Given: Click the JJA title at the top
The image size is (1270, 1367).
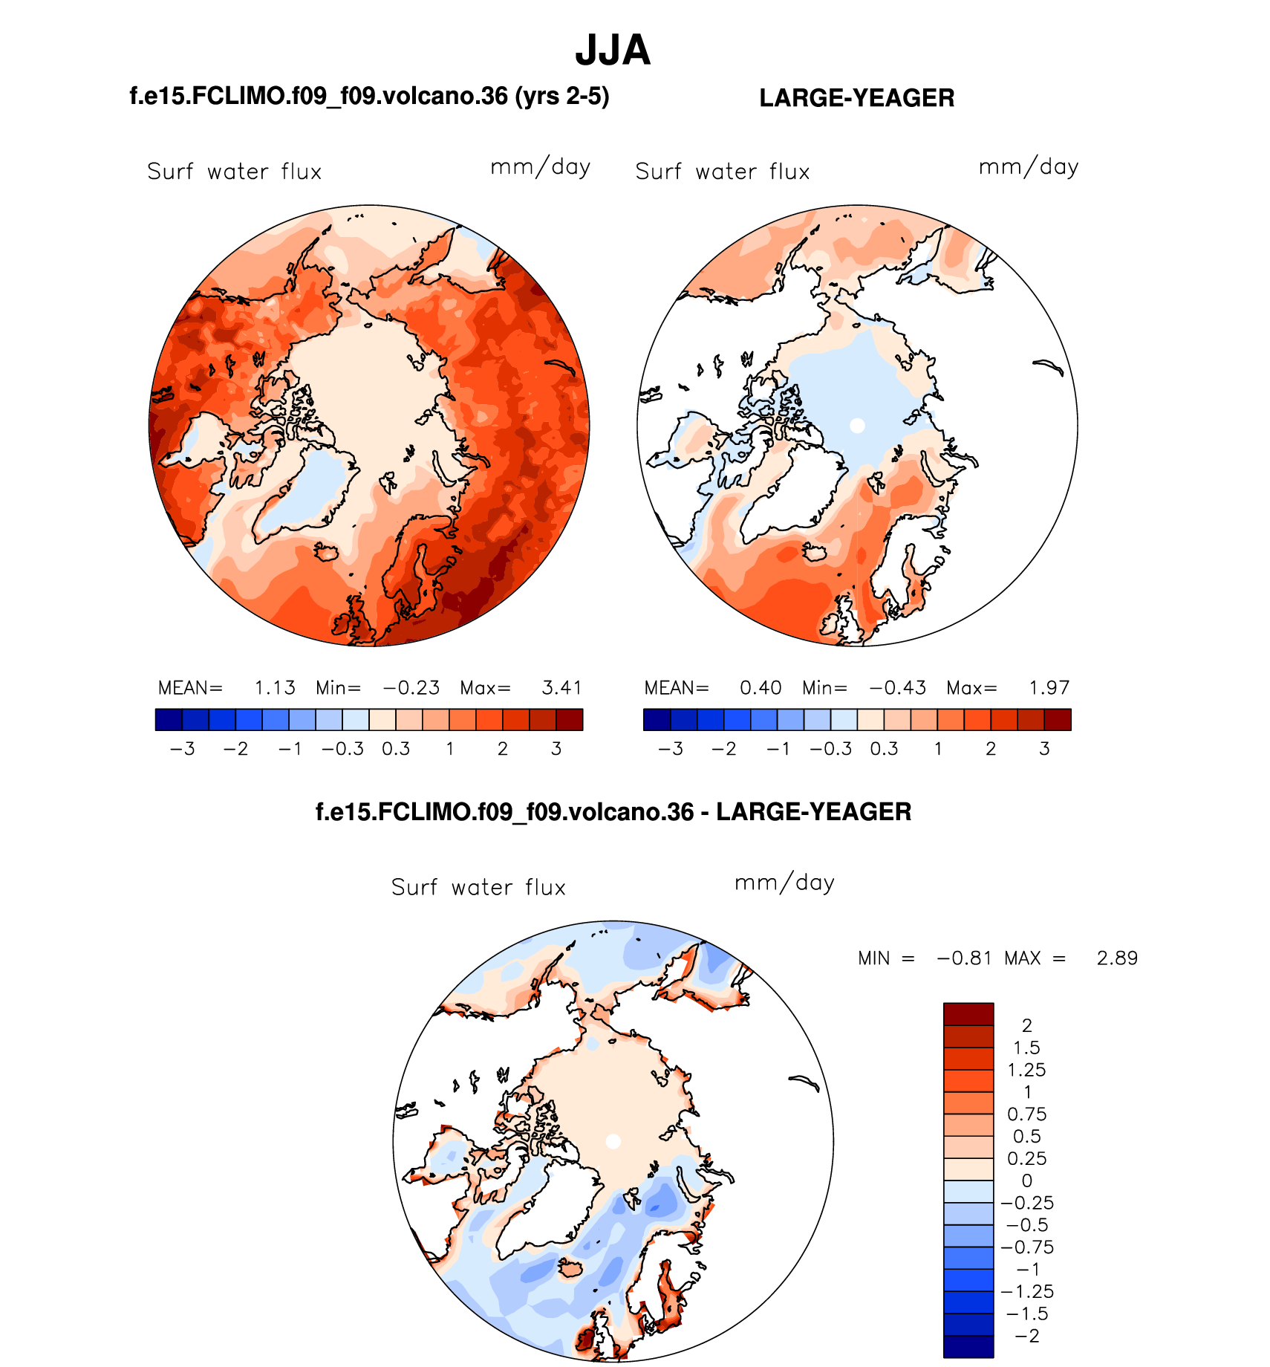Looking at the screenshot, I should [x=613, y=51].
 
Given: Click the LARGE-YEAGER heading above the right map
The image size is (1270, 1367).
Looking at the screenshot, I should [x=856, y=98].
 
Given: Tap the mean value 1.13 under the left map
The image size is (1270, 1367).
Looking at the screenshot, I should [x=275, y=688].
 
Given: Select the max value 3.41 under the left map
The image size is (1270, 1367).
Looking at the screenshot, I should [x=561, y=688].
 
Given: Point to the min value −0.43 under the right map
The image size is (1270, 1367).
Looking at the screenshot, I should [x=898, y=688].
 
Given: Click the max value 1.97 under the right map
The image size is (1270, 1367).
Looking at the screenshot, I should [x=1049, y=688].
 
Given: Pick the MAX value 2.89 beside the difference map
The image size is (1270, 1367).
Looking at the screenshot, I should [x=1117, y=958].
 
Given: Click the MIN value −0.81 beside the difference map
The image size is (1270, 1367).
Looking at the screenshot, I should [x=964, y=958].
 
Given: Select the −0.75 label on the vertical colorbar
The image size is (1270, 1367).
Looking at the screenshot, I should [x=1027, y=1247].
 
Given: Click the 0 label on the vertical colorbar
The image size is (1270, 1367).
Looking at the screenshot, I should [x=1027, y=1181].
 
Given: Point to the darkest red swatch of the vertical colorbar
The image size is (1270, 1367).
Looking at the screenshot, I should [x=968, y=1014].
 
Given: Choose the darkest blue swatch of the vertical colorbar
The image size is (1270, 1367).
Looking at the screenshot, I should [x=968, y=1346].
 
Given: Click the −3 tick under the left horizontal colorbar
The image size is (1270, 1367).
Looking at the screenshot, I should [x=182, y=749].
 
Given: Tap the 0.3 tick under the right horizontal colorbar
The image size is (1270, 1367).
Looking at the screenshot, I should [x=884, y=749].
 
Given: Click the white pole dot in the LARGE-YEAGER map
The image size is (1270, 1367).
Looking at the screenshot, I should [x=857, y=426].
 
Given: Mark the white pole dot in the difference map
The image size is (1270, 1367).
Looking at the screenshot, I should [x=613, y=1141].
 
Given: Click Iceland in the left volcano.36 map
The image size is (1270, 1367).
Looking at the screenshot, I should [x=327, y=552].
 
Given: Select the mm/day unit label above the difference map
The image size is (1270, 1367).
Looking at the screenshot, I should [x=784, y=883].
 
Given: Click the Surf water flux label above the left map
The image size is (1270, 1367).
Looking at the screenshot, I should [x=234, y=172].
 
